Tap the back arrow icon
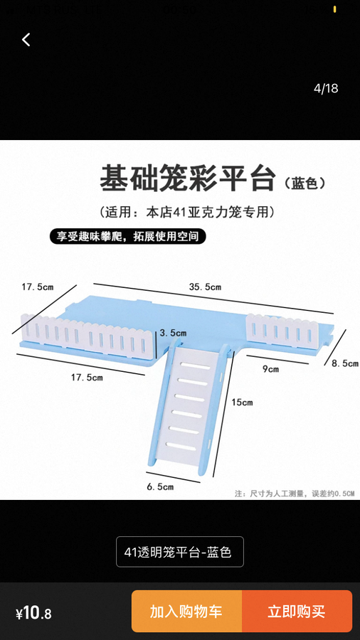[26, 40]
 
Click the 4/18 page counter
[326, 88]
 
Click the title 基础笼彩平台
[187, 178]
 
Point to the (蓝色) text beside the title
[305, 183]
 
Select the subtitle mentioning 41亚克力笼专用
[186, 212]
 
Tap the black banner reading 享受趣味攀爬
[128, 236]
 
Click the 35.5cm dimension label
[205, 287]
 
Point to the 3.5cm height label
[173, 333]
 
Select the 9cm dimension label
[270, 369]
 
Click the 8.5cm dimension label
[344, 363]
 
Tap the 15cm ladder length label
[242, 402]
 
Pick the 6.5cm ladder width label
[160, 486]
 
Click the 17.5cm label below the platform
[87, 378]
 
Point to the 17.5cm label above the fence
[38, 287]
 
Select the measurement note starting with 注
[295, 494]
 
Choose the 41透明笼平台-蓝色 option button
[180, 552]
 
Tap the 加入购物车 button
[186, 611]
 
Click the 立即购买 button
[297, 611]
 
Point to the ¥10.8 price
[33, 614]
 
